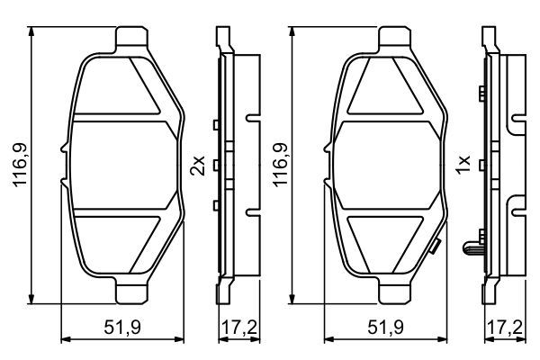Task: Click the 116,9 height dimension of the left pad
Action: tap(20, 165)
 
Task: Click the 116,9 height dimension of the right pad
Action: tap(280, 165)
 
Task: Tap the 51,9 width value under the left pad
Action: tap(122, 327)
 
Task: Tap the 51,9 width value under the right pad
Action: tap(385, 327)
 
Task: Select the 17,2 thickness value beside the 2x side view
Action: tap(239, 327)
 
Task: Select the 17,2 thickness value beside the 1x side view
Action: tap(505, 327)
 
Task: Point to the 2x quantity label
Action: tap(198, 166)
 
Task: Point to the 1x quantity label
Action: tap(463, 165)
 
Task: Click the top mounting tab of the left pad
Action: tap(132, 37)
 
